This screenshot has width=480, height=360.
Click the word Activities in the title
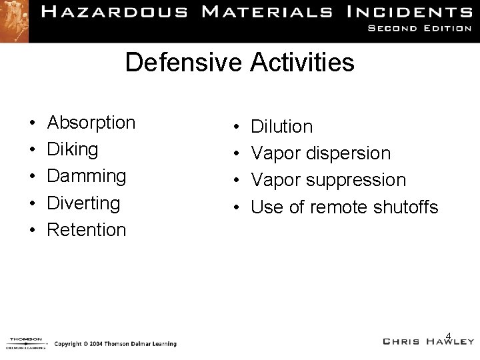pyautogui.click(x=302, y=63)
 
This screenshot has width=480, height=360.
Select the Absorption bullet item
pyautogui.click(x=91, y=123)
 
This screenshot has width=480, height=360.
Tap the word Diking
pyautogui.click(x=73, y=149)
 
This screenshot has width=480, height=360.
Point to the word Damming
pyautogui.click(x=87, y=176)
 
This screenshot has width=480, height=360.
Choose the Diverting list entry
pyautogui.click(x=84, y=203)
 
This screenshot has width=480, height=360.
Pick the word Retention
pyautogui.click(x=87, y=230)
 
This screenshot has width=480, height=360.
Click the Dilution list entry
pyautogui.click(x=281, y=127)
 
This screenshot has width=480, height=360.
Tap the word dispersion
pyautogui.click(x=349, y=154)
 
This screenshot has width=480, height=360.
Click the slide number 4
pyautogui.click(x=449, y=335)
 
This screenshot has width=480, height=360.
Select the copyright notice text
pyautogui.click(x=115, y=344)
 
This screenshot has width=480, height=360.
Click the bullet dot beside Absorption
pyautogui.click(x=32, y=124)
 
